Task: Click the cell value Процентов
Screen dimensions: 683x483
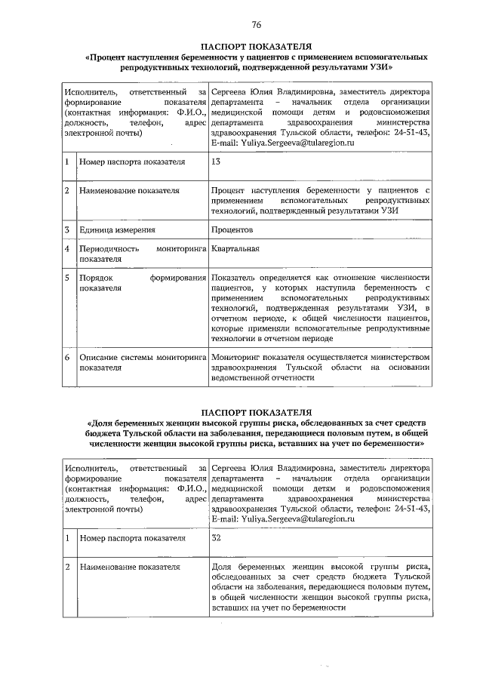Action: coord(232,229)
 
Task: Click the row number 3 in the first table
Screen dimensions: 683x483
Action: coord(67,229)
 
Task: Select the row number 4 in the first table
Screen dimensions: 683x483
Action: coord(67,248)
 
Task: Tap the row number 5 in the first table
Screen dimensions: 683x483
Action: coord(67,278)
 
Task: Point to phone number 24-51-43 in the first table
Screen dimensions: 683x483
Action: coord(414,131)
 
